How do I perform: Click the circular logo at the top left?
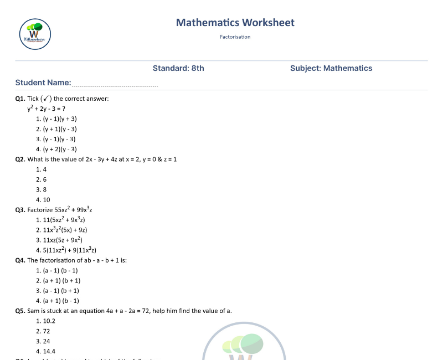(35, 34)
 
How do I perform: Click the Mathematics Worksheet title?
(235, 23)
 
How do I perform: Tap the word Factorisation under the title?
(235, 37)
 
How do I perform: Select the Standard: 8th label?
(178, 68)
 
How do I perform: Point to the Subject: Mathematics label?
(331, 68)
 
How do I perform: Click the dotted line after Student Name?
(115, 86)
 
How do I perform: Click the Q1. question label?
(20, 99)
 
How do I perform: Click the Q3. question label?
(20, 210)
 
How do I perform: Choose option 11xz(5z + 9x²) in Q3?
(63, 240)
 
